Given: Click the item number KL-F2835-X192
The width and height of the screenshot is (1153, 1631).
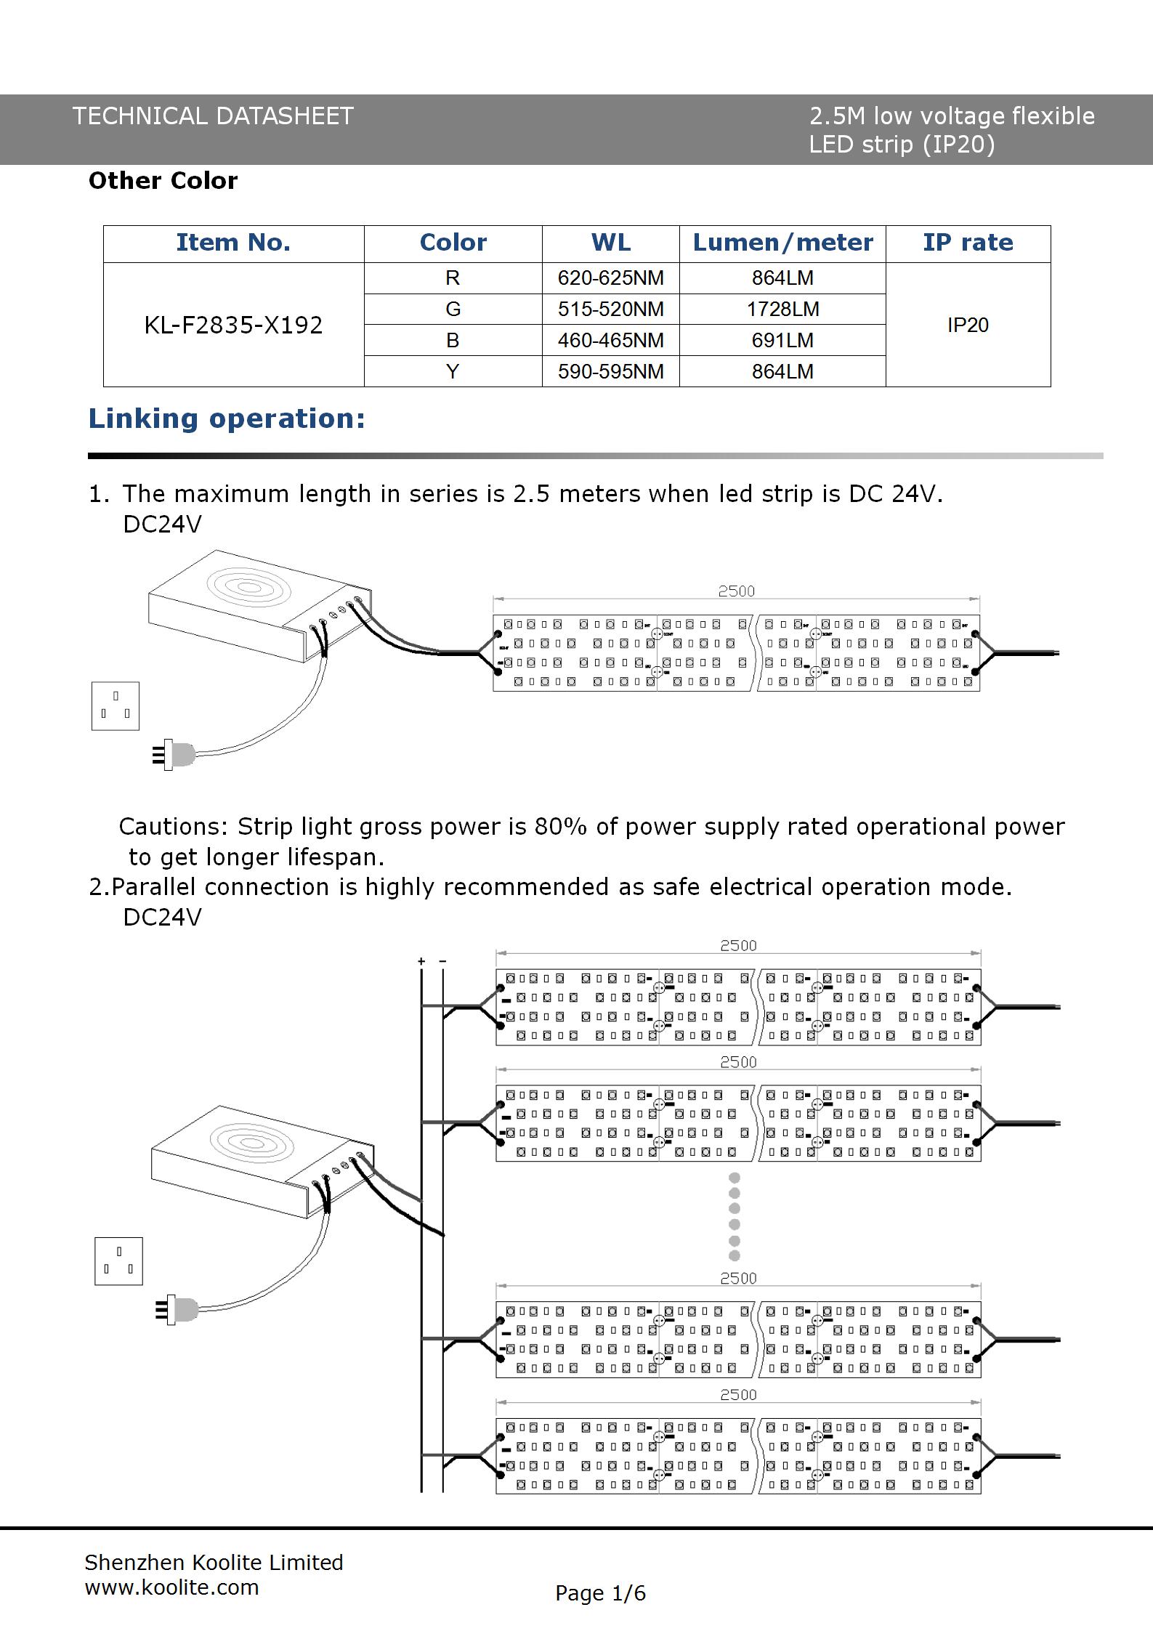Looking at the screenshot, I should (x=233, y=325).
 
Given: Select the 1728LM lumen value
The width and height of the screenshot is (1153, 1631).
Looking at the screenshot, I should (x=782, y=309).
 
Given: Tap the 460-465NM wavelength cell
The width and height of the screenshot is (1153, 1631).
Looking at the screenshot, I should (x=610, y=340).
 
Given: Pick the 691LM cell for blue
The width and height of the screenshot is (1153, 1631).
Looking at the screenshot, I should (x=782, y=340).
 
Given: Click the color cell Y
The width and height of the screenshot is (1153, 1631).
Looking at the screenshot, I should (x=453, y=371).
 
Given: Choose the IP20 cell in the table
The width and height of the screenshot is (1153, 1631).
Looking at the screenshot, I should (x=968, y=325).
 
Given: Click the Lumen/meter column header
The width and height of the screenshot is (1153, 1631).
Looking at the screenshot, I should (x=782, y=243).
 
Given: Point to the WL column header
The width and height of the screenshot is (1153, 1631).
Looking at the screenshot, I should (x=610, y=243).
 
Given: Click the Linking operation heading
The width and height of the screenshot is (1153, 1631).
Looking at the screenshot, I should (x=227, y=418).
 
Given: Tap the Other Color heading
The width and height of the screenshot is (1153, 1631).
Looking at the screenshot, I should (x=163, y=180).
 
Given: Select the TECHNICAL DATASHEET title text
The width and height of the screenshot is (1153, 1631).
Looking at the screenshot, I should (x=213, y=116).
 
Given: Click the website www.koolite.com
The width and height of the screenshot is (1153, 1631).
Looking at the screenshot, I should (x=171, y=1587).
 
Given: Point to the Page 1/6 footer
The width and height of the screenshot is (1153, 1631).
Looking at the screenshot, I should (x=600, y=1593).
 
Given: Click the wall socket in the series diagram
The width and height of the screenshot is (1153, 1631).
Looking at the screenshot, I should (x=116, y=705).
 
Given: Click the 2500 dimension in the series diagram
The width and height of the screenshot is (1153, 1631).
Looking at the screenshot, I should (x=736, y=591).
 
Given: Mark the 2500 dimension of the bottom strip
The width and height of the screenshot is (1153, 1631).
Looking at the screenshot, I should (x=738, y=1395).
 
